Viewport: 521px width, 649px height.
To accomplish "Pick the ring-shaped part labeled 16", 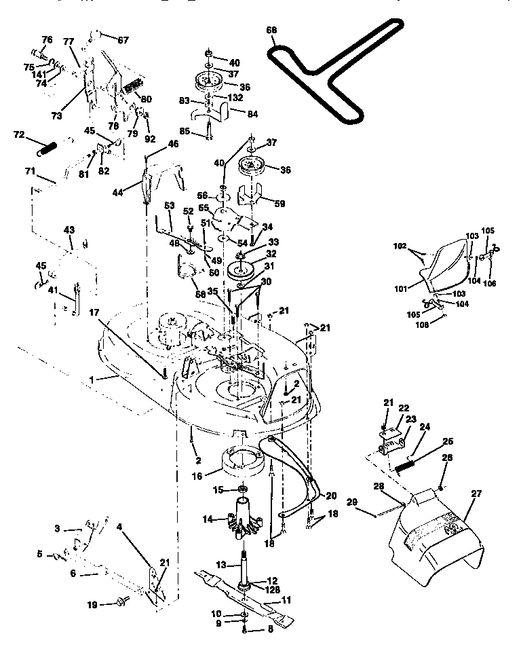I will [x=240, y=462].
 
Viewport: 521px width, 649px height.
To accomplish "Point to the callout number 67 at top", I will [x=123, y=39].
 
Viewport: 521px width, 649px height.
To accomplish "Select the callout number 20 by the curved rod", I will [x=331, y=494].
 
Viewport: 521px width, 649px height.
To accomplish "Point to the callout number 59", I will [x=279, y=202].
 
